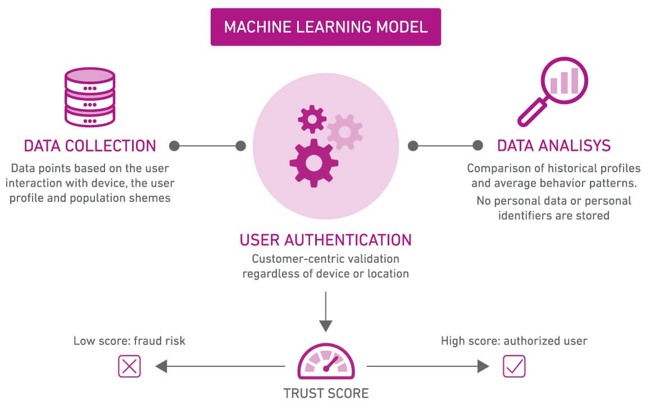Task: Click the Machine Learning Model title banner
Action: tap(325, 27)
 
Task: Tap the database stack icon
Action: tap(90, 97)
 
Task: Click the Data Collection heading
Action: tap(90, 146)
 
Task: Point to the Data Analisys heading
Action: tap(553, 146)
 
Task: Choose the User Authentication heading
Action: tap(325, 240)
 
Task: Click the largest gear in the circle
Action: tap(314, 163)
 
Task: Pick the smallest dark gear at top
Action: tap(312, 119)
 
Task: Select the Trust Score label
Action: tap(326, 393)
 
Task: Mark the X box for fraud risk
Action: tap(129, 366)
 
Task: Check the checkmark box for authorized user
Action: tap(514, 366)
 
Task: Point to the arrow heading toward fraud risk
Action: tap(219, 366)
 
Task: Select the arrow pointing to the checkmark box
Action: tap(427, 366)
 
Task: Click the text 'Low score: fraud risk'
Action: tap(129, 341)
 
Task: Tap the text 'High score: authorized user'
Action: tap(513, 341)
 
